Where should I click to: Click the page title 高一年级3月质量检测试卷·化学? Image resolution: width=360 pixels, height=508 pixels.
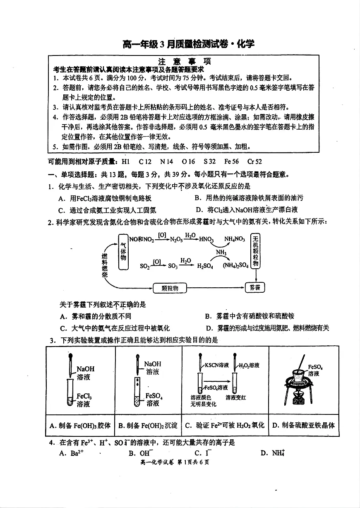[x=188, y=44]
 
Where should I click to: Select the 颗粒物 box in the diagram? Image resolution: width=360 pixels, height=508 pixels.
[x=170, y=288]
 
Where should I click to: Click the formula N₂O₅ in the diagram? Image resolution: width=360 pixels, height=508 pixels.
[x=177, y=239]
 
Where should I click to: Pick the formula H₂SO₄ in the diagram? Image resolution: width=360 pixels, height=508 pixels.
[x=205, y=266]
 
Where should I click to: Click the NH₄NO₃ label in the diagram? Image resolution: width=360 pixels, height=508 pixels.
[x=235, y=239]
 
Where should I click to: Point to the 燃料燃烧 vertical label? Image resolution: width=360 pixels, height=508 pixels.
[x=105, y=265]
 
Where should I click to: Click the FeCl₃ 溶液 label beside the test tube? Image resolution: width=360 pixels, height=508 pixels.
[x=84, y=400]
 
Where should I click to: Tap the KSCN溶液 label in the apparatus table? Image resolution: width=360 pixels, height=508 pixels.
[x=217, y=365]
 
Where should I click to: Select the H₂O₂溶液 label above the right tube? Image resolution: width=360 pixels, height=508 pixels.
[x=249, y=365]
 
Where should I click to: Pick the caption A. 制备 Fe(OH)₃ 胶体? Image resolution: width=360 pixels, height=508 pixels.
[x=80, y=425]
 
